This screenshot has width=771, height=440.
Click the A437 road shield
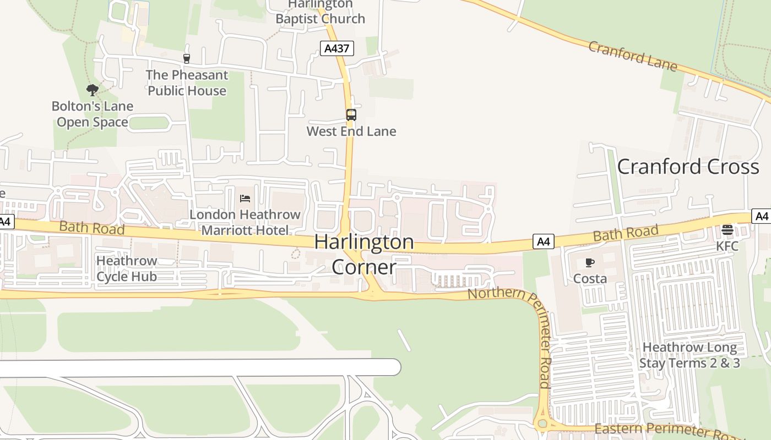click(336, 48)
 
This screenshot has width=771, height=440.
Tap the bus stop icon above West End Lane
click(351, 115)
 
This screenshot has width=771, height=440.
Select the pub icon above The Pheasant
click(186, 58)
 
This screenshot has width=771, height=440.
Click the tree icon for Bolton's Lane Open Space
click(93, 90)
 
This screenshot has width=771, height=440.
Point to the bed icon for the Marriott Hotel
click(245, 198)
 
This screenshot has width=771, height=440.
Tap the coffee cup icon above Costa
click(590, 263)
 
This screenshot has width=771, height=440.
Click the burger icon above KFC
click(727, 229)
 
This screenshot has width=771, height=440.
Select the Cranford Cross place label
click(688, 167)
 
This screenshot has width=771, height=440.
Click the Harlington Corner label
click(364, 254)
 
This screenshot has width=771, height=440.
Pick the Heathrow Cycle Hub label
click(127, 268)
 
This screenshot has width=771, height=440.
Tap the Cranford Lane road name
click(632, 56)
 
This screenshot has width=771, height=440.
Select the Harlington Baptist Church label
click(320, 12)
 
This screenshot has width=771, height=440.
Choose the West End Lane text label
click(351, 131)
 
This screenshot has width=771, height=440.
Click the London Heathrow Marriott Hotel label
click(245, 222)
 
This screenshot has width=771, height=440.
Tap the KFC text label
click(727, 246)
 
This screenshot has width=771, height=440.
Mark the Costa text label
click(590, 278)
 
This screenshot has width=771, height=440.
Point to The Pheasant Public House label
click(187, 82)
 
